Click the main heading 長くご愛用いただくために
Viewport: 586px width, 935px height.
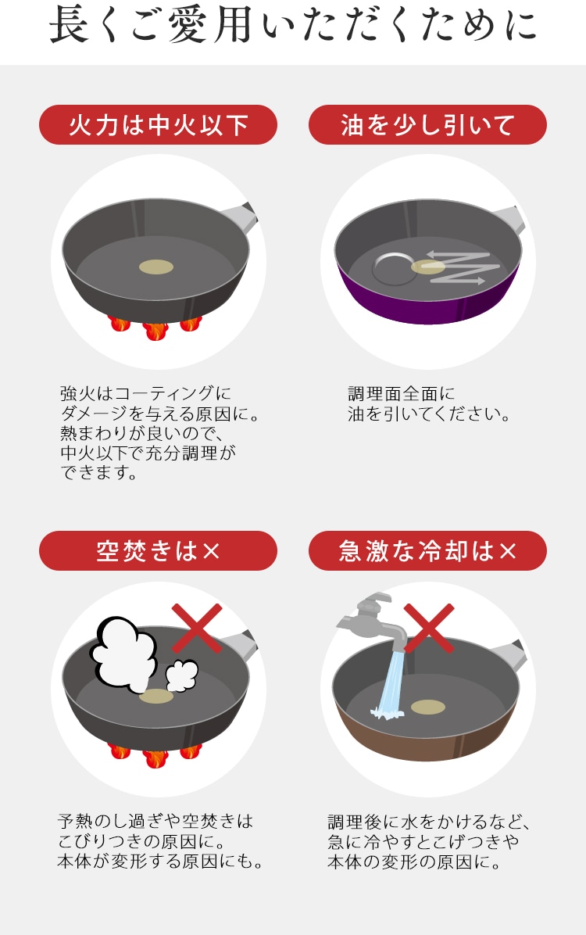point(293,26)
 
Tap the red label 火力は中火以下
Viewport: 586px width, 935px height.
point(158,124)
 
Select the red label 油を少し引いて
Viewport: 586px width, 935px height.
point(427,124)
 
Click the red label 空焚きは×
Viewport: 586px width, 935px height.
point(158,550)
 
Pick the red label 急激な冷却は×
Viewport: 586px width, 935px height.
point(427,550)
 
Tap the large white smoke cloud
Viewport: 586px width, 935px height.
point(124,652)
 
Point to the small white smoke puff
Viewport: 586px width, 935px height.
point(181,675)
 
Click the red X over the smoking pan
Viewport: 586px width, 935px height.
point(197,627)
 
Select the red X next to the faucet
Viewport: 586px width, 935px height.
point(429,627)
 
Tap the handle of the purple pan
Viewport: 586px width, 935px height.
point(510,219)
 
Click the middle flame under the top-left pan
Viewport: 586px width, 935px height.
point(155,331)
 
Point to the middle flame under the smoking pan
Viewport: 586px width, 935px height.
point(155,758)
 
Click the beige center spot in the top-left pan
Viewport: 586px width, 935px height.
point(156,267)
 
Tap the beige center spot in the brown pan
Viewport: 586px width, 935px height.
point(428,708)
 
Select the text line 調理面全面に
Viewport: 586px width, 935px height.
point(402,393)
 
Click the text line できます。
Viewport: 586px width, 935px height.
point(99,473)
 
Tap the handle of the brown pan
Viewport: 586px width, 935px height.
point(512,654)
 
